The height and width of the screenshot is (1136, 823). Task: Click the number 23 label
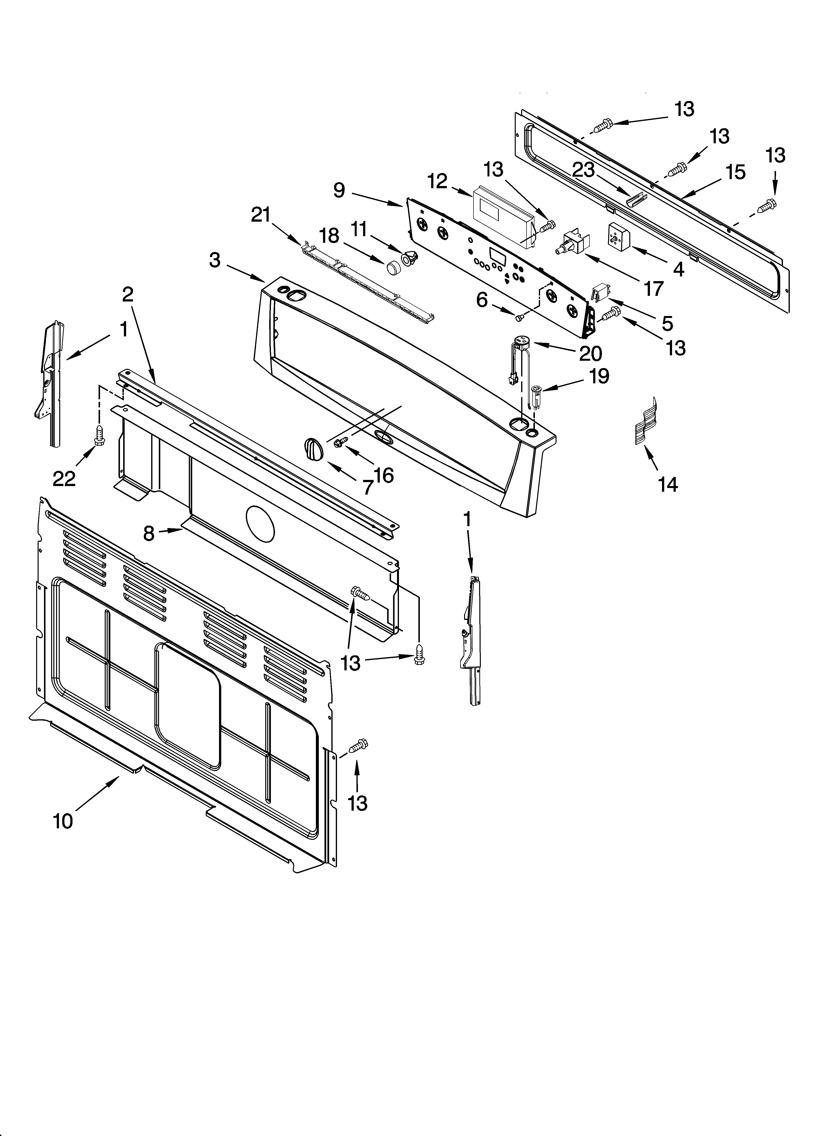(x=583, y=170)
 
